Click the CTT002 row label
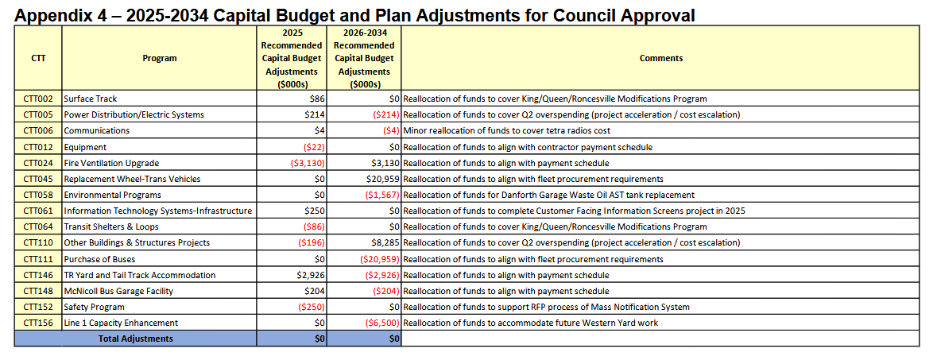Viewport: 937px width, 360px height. click(x=38, y=99)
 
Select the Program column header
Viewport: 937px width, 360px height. click(x=159, y=58)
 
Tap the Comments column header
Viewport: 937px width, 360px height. click(x=660, y=58)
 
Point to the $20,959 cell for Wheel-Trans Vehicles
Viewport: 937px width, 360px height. click(x=378, y=179)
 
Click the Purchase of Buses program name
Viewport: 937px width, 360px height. click(x=99, y=259)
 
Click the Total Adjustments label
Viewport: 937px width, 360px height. click(x=135, y=339)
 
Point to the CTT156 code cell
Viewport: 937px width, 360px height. click(x=38, y=323)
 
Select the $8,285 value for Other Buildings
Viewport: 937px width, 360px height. click(x=382, y=242)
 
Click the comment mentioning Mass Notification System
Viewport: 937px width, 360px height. click(x=547, y=307)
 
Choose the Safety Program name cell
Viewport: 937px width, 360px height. click(x=95, y=307)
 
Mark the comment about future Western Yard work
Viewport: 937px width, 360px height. click(x=531, y=323)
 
